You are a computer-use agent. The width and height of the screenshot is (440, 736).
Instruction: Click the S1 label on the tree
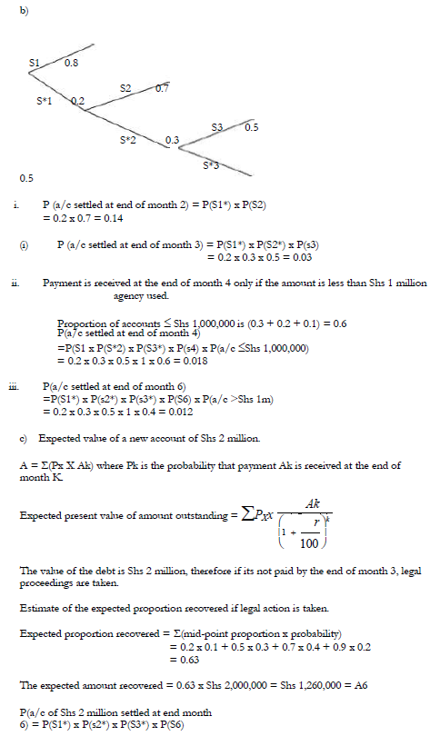coord(35,62)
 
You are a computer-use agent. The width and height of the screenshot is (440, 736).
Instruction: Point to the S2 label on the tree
coord(125,87)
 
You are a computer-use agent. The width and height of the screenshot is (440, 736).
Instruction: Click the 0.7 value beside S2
coord(162,88)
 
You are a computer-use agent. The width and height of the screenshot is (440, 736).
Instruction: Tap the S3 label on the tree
coord(217,126)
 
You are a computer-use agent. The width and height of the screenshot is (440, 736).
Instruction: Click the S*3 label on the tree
coord(210,164)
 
